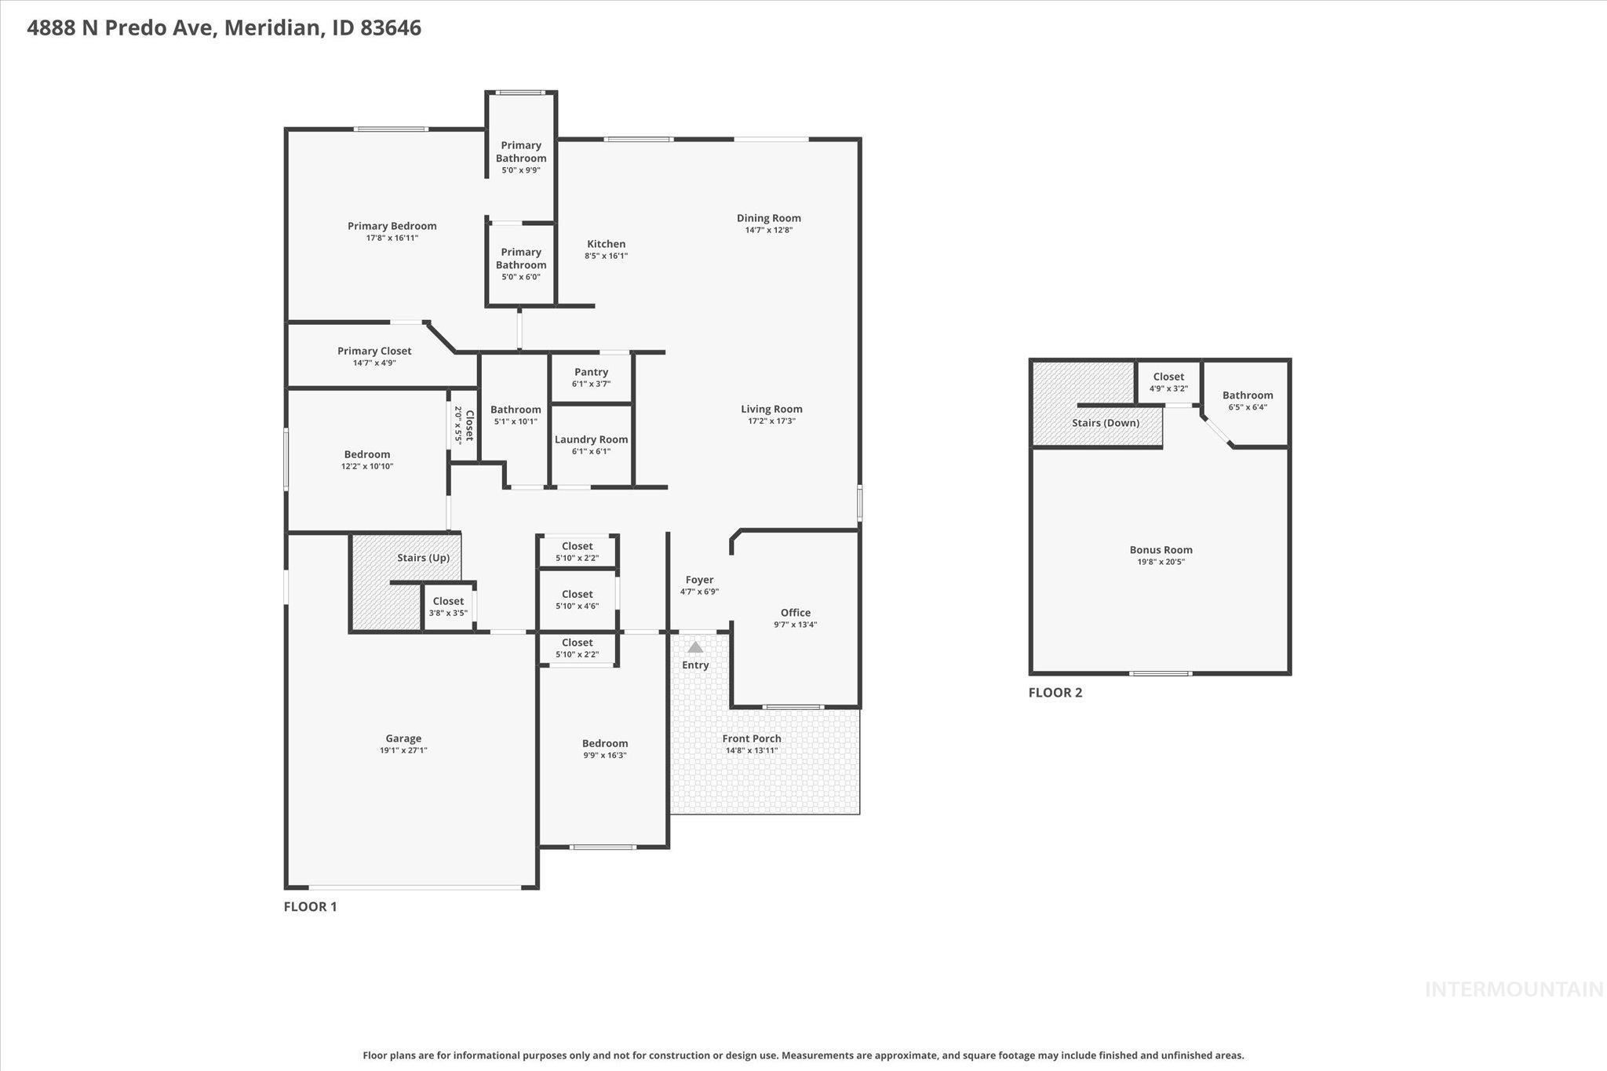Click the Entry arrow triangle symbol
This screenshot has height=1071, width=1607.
pos(695,647)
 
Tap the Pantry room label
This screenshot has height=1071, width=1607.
pos(591,372)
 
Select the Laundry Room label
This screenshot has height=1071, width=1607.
pos(591,439)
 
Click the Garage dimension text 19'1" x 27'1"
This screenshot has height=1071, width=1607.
pos(403,750)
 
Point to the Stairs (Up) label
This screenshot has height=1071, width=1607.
pos(423,558)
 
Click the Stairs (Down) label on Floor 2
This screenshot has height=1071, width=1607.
pos(1106,423)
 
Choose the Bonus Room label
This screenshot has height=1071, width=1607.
pos(1161,550)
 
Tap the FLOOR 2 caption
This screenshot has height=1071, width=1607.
pos(1055,692)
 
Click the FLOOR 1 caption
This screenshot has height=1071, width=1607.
pos(310,906)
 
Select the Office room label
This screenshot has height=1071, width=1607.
pos(795,613)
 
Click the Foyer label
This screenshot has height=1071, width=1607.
pos(699,580)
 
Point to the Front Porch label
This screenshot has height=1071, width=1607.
pos(751,738)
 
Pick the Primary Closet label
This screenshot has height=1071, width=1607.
pos(374,351)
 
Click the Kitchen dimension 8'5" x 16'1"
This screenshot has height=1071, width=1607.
pos(606,256)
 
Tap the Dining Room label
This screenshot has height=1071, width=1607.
pos(768,218)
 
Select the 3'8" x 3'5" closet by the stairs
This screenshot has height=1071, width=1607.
pos(448,607)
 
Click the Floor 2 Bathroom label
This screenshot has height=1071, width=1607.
pos(1247,395)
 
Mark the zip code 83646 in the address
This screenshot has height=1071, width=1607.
pos(391,28)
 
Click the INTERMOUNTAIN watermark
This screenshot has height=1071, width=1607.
pos(1514,989)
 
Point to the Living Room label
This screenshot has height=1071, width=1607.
pos(771,409)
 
